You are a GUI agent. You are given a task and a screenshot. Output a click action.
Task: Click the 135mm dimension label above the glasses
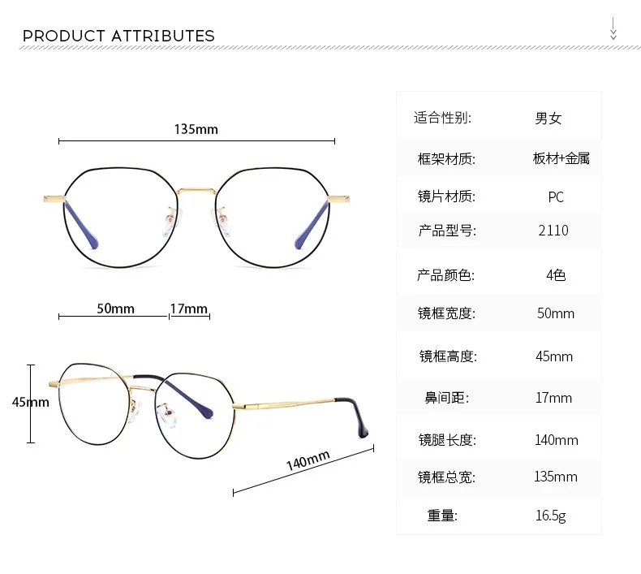tap(196, 129)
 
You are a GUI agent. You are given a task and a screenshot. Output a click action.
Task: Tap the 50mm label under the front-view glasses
tap(116, 309)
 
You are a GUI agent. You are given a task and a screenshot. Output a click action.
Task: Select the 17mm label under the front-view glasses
tap(189, 309)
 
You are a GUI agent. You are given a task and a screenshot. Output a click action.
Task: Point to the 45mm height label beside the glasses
tap(31, 402)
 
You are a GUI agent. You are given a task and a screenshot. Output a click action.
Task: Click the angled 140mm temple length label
tap(308, 460)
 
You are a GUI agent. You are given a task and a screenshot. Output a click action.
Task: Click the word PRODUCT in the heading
tap(64, 36)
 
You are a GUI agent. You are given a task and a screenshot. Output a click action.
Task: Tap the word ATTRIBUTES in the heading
tap(163, 36)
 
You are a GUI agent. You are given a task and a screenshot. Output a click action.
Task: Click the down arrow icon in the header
tap(613, 28)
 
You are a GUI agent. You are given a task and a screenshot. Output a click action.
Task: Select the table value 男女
tap(549, 119)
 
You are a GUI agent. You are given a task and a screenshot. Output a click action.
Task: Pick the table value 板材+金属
tap(561, 158)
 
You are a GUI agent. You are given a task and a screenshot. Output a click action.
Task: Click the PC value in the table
tap(556, 197)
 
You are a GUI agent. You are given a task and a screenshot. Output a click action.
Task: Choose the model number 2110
tap(553, 231)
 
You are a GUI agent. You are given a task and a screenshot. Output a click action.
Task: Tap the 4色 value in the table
tap(556, 275)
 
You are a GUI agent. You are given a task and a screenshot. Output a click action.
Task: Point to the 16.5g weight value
tap(551, 516)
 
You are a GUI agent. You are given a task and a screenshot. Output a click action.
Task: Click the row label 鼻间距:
tap(447, 398)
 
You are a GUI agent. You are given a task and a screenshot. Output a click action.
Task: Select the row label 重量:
tap(442, 516)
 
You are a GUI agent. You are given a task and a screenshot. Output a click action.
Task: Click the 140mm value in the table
tap(557, 440)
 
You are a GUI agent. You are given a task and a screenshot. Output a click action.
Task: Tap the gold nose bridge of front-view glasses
tap(196, 191)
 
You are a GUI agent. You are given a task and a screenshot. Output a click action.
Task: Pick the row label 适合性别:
tap(442, 118)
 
